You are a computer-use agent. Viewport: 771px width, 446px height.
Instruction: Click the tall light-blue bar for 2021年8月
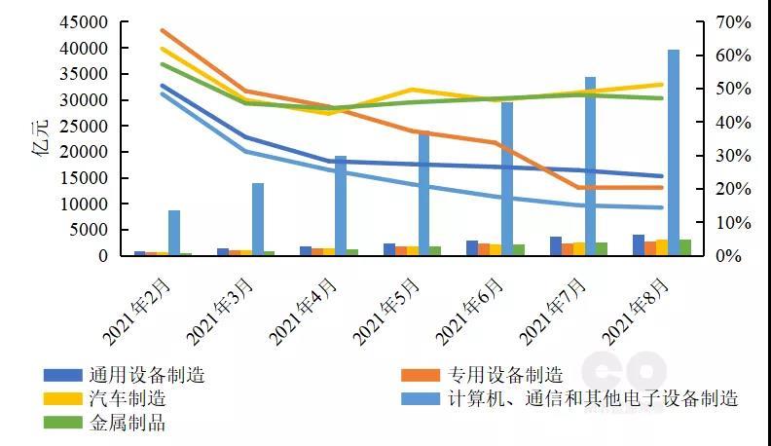click(x=673, y=152)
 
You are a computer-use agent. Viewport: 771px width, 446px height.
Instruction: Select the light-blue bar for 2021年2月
click(x=174, y=233)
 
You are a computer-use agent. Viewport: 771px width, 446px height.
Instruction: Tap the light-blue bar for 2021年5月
click(x=423, y=193)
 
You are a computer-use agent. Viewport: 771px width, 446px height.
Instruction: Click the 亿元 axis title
click(x=40, y=140)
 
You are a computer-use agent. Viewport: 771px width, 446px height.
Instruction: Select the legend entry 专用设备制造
click(x=506, y=375)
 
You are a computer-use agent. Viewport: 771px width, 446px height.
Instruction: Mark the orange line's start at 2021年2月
click(x=163, y=30)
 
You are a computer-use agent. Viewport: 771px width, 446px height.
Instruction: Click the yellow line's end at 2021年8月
click(x=663, y=85)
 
